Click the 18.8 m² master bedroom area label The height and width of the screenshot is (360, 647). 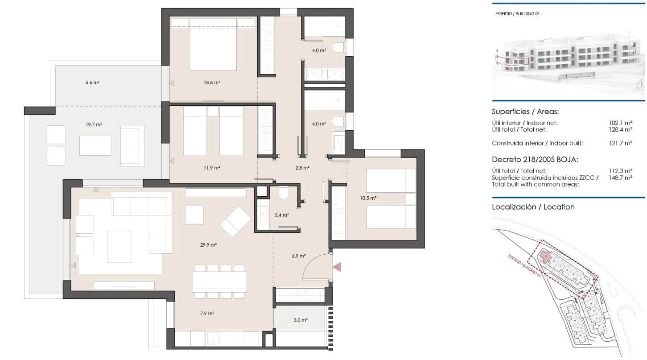(212, 83)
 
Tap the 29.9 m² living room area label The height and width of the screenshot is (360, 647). (208, 245)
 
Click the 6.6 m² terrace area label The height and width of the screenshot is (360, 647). (92, 83)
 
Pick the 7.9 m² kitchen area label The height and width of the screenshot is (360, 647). (207, 314)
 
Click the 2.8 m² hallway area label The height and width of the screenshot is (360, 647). (303, 168)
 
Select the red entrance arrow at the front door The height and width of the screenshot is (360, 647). (338, 266)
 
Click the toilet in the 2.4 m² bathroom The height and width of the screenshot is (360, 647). (284, 193)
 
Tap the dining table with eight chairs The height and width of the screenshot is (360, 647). (219, 281)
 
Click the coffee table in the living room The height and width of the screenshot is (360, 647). (120, 246)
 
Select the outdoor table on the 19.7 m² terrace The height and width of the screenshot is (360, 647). (95, 145)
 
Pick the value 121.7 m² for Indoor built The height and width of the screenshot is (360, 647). (621, 143)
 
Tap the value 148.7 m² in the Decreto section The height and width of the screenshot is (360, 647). (621, 178)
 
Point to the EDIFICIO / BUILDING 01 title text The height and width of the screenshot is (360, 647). (517, 14)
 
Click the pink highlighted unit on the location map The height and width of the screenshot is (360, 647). (545, 257)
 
